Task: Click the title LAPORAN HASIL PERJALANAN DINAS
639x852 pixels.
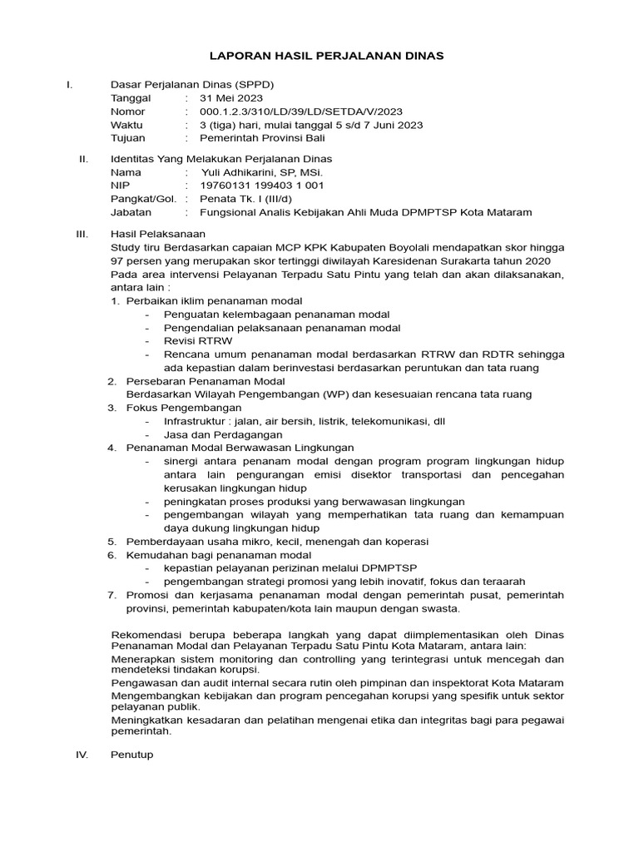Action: (x=325, y=56)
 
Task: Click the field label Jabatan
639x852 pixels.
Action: (x=131, y=212)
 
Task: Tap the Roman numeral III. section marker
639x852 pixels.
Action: (x=82, y=235)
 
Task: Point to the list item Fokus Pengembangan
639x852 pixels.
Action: (x=184, y=408)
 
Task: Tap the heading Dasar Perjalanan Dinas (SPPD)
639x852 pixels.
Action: (x=192, y=84)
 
